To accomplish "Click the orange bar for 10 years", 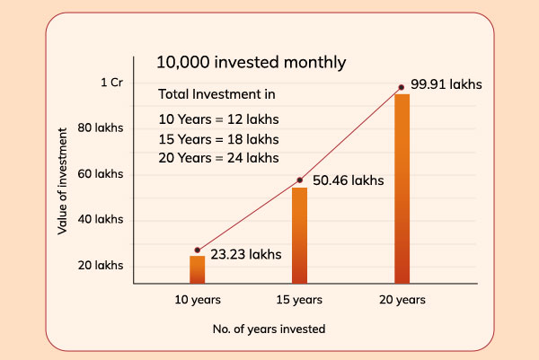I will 197,270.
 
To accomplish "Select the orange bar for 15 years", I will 299,235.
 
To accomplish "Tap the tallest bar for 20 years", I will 402,189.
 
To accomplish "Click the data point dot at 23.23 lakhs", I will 197,250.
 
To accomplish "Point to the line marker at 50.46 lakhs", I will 299,180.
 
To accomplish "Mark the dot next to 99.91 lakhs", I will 402,87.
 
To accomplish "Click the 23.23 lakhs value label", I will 246,254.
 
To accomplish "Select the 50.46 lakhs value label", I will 349,180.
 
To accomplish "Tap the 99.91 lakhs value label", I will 446,84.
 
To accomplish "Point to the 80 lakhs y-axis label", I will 101,127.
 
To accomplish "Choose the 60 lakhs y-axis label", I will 101,173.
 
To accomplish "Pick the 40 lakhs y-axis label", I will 101,219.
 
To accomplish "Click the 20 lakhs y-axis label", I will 101,266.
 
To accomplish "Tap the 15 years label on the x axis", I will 298,299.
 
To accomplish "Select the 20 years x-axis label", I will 402,299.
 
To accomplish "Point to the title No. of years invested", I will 269,329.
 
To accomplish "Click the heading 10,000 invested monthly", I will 251,62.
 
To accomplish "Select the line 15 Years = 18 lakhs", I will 218,139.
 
